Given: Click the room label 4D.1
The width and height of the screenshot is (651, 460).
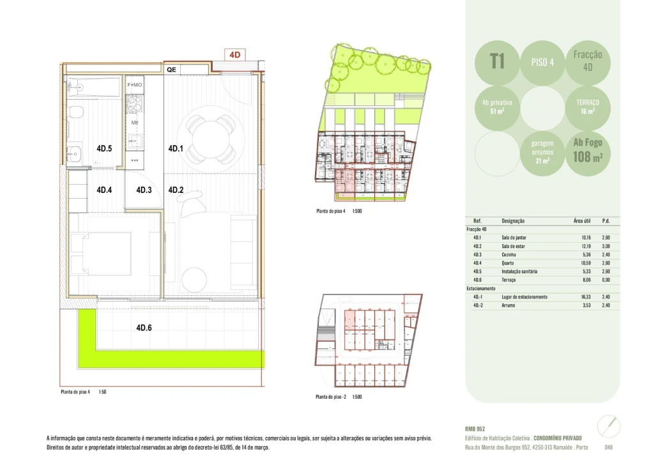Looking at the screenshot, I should coord(176,149).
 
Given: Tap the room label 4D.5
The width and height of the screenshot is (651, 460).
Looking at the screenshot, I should coord(104,149).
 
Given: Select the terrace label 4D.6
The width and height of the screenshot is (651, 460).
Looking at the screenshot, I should coord(144,328).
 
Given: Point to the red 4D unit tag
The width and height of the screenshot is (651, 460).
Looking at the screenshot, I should coord(234,55).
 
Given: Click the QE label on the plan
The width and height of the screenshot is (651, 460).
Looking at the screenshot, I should coord(171,69).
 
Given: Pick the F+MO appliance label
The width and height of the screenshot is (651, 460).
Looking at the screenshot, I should coord(135,85).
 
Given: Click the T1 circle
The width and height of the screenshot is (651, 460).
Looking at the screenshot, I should coord(498,62).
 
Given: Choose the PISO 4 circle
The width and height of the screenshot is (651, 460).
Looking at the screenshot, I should coord(542,62).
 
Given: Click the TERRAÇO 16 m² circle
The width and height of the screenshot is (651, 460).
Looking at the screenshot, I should coord(587,107).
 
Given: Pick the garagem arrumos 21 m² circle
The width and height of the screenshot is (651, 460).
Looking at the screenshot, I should coord(542,152).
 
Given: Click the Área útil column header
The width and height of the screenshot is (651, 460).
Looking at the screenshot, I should coord(582,220).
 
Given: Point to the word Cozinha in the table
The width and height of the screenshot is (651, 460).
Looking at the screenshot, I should coord(510,254).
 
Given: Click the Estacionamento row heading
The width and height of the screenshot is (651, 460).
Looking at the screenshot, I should coord(482,289).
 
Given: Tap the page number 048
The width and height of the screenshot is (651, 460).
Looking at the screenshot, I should coord(608,447).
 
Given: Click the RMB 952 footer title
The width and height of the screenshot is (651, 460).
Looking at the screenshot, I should coord(475,429).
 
